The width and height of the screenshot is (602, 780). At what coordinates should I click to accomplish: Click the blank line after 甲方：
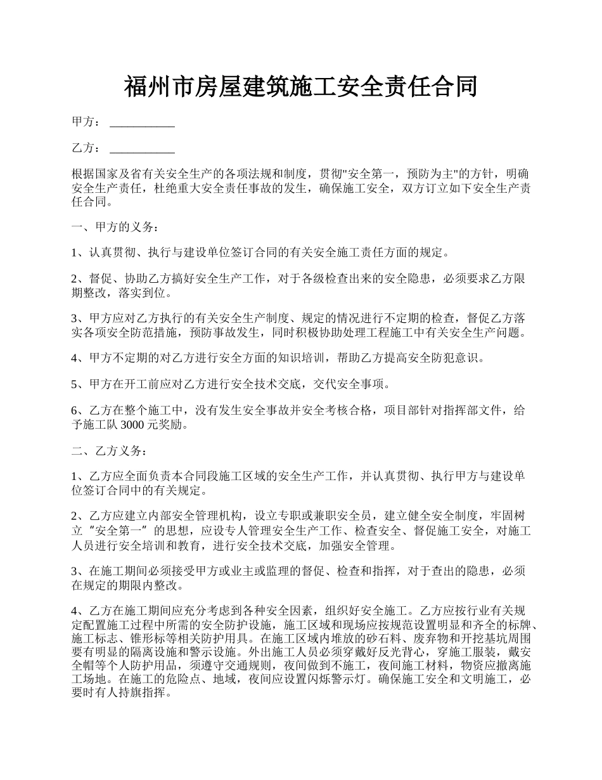pos(142,122)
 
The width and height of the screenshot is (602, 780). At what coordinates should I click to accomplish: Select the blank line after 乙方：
pos(142,148)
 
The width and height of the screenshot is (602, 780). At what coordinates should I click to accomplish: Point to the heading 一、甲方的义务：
pos(112,227)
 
